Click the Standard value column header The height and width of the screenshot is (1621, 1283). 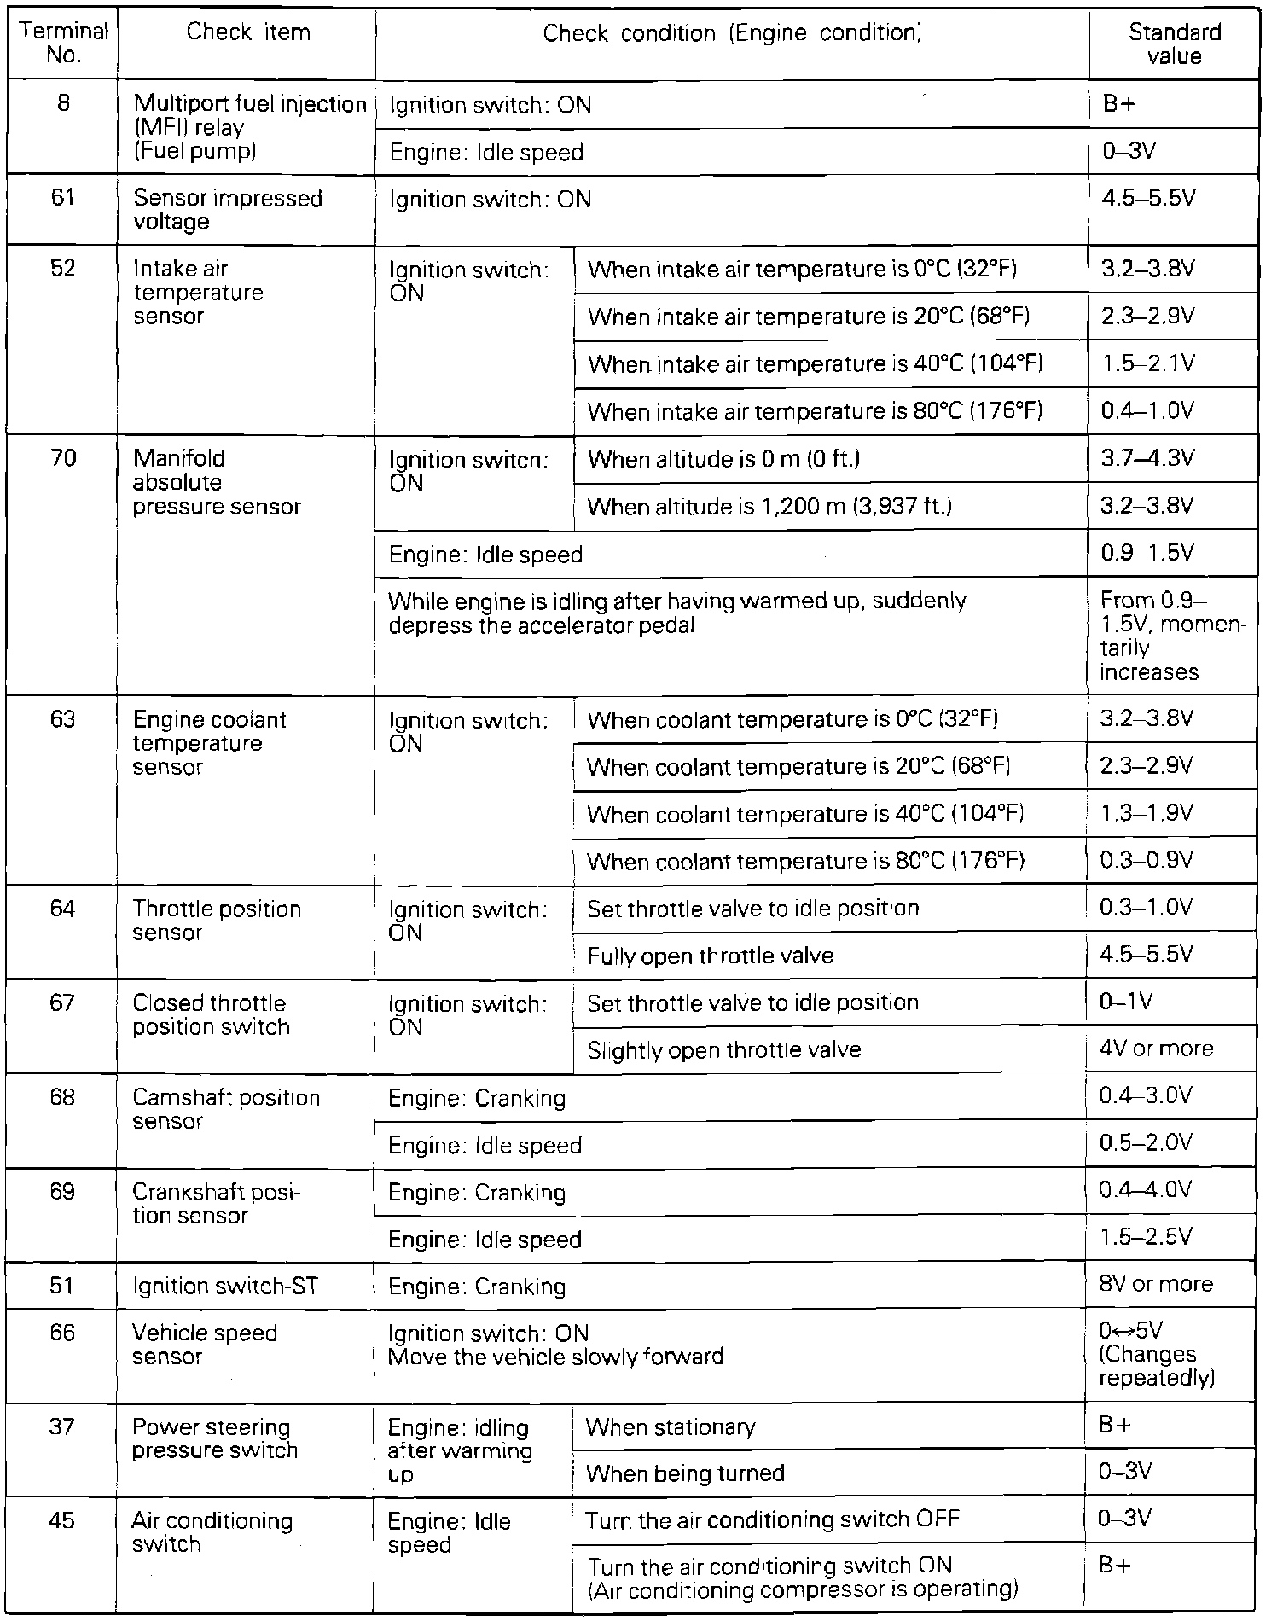(x=1174, y=44)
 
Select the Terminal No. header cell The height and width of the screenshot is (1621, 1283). (x=64, y=44)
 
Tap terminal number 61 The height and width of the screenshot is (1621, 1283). (x=64, y=199)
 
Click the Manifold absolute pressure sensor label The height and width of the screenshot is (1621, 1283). (x=217, y=483)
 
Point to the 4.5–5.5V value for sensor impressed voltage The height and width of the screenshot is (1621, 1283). (x=1147, y=199)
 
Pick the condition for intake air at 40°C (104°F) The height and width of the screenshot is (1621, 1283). (x=816, y=364)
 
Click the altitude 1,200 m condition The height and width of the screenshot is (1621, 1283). (x=769, y=507)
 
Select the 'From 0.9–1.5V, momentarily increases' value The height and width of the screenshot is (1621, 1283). (x=1172, y=636)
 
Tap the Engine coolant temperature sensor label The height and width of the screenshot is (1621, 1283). (x=209, y=743)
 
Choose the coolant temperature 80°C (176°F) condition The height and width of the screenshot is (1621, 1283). (x=805, y=862)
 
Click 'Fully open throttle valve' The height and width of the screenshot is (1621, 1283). (x=710, y=956)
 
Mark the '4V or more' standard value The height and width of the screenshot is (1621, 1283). (x=1156, y=1049)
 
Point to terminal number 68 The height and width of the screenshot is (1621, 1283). (x=62, y=1097)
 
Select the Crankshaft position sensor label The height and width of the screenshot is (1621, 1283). (x=217, y=1204)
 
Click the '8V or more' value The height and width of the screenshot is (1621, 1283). (x=1156, y=1285)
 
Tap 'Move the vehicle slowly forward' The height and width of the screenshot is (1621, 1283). (x=555, y=1357)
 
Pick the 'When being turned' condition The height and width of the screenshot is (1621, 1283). (x=685, y=1473)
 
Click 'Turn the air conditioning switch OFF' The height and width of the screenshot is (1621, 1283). (x=772, y=1519)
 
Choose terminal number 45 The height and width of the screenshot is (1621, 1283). (x=62, y=1521)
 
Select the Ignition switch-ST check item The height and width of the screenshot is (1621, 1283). (x=225, y=1287)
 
